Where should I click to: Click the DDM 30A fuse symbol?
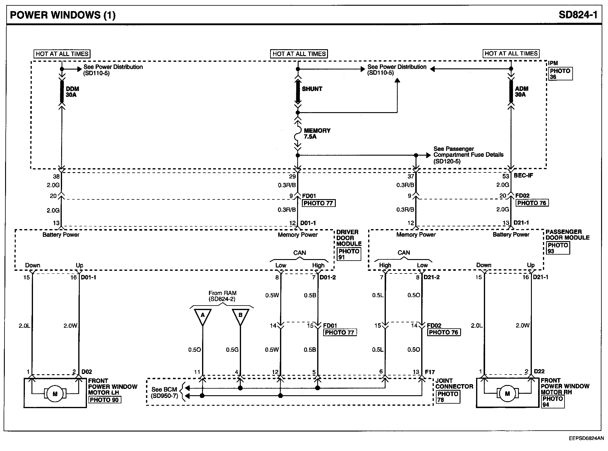click(x=62, y=91)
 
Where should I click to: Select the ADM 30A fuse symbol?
click(x=511, y=91)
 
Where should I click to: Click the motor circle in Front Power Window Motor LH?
click(x=55, y=394)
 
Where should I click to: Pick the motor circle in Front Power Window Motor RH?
click(x=507, y=393)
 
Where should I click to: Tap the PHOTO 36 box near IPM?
click(x=560, y=74)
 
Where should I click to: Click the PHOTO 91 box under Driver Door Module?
click(x=349, y=254)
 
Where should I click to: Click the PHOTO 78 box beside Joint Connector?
click(x=448, y=397)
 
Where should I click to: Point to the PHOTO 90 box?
click(x=104, y=400)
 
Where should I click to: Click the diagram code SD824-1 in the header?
click(x=578, y=15)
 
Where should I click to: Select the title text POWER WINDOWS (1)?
click(x=63, y=15)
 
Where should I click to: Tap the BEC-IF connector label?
click(x=523, y=175)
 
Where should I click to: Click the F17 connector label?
click(x=430, y=372)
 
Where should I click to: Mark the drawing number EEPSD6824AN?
click(x=586, y=438)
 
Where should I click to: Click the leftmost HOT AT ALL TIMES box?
click(x=62, y=54)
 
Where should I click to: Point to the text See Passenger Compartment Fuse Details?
click(x=468, y=155)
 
